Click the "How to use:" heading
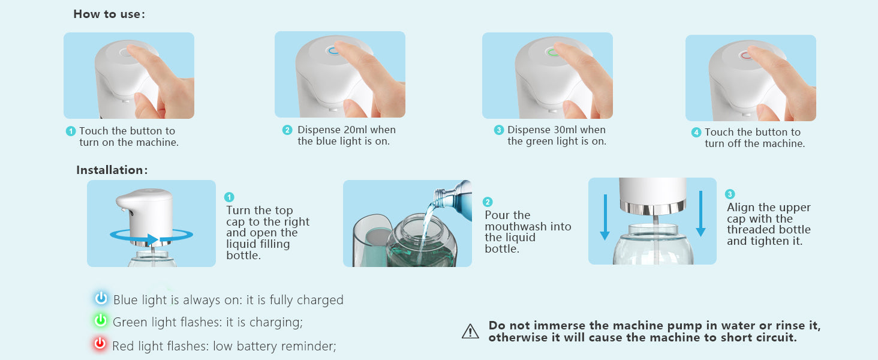109,14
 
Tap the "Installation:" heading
112,170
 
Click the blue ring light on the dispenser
332,50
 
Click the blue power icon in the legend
101,298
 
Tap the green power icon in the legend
101,320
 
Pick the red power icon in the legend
100,344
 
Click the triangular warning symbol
470,331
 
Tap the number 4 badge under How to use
696,132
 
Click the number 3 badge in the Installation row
730,194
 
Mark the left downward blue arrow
605,217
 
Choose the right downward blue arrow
701,214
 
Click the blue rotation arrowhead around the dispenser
152,239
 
